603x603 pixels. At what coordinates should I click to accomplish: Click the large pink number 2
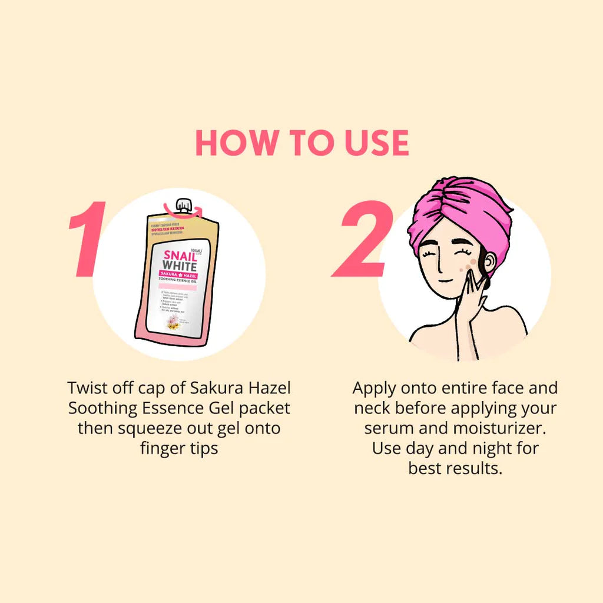(363, 238)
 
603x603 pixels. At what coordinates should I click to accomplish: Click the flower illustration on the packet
(173, 321)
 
